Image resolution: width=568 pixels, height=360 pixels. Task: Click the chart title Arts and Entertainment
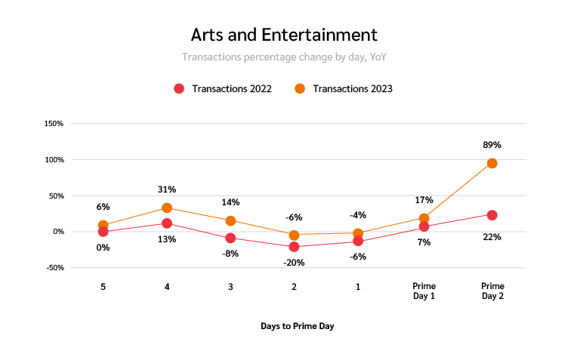click(x=283, y=35)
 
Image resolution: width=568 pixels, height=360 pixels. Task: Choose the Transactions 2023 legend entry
click(x=344, y=88)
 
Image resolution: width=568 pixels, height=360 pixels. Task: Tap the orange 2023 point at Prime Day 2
click(x=492, y=163)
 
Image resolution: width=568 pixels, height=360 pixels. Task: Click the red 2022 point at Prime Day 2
click(x=492, y=215)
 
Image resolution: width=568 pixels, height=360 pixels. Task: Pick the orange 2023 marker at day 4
click(x=167, y=208)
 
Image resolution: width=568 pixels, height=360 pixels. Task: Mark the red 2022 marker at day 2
click(x=294, y=247)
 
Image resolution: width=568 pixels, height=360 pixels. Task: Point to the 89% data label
click(x=492, y=144)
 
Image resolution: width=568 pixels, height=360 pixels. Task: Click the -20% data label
click(x=294, y=262)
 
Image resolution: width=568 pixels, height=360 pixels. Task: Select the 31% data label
click(x=167, y=189)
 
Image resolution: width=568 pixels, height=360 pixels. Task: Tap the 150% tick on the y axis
click(x=53, y=123)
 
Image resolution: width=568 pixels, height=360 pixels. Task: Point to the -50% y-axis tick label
click(x=53, y=268)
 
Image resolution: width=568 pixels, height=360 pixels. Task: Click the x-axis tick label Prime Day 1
click(x=424, y=291)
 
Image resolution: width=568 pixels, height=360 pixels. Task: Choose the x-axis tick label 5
click(x=103, y=287)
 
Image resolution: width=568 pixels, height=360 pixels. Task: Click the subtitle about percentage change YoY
click(x=283, y=57)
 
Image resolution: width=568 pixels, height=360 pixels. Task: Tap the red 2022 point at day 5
click(x=103, y=232)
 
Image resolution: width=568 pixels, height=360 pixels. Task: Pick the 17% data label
click(x=424, y=200)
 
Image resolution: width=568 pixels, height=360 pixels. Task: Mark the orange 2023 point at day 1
click(x=358, y=234)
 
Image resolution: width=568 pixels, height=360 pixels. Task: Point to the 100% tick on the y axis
click(x=53, y=159)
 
